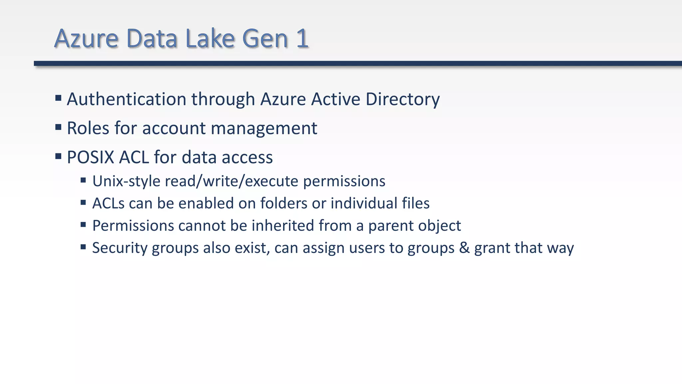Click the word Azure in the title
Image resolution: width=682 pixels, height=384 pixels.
click(86, 38)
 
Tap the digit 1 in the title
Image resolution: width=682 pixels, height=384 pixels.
click(302, 38)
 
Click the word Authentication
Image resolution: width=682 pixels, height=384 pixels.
click(127, 99)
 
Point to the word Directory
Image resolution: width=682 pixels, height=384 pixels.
click(403, 99)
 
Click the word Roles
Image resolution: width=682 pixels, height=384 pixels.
click(88, 128)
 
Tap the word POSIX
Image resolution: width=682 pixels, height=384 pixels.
click(90, 157)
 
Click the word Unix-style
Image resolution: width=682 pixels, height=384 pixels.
click(126, 181)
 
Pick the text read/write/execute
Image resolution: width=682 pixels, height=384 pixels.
click(231, 181)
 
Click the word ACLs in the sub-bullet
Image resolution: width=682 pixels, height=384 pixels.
click(108, 203)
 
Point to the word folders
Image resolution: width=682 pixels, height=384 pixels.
click(284, 203)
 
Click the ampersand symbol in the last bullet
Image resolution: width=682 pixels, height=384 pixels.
click(464, 248)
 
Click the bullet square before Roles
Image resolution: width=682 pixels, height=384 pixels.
click(58, 127)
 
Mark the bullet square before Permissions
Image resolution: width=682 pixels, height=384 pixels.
click(83, 225)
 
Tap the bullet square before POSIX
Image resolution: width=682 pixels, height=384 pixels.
click(58, 156)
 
